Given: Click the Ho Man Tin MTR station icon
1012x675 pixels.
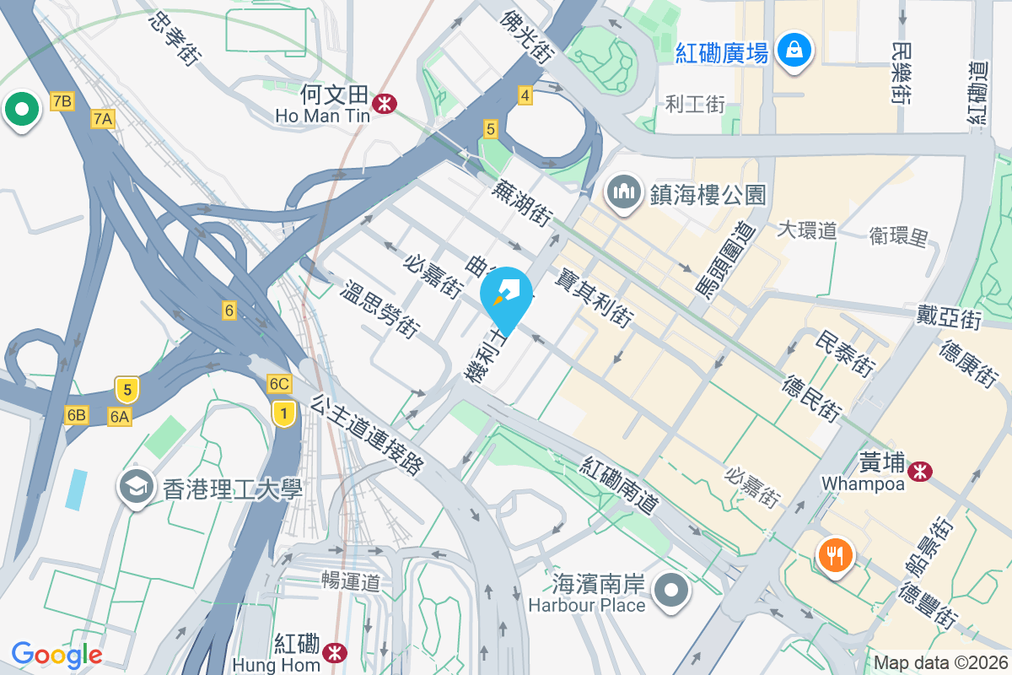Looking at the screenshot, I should click(385, 103).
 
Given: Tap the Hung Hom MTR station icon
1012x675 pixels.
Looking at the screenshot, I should click(336, 652).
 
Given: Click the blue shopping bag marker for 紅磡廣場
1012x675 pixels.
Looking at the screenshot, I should click(794, 50).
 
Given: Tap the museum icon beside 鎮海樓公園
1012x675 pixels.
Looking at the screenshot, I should click(624, 192).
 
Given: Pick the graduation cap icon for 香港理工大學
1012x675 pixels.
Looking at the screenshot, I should click(136, 488).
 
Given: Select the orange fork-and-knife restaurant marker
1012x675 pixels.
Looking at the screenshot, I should click(835, 555).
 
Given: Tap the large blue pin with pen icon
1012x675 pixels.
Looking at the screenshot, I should click(509, 296).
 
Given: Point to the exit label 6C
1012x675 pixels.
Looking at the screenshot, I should click(279, 385).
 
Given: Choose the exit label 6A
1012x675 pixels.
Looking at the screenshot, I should click(120, 415).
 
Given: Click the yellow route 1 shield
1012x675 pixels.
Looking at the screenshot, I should click(285, 413).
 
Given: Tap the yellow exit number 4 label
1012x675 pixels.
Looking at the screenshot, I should click(525, 95).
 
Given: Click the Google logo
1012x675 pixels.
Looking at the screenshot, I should click(57, 654).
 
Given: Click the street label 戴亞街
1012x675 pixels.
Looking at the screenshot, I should click(950, 318).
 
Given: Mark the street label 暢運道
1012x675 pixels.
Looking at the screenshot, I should click(351, 581).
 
